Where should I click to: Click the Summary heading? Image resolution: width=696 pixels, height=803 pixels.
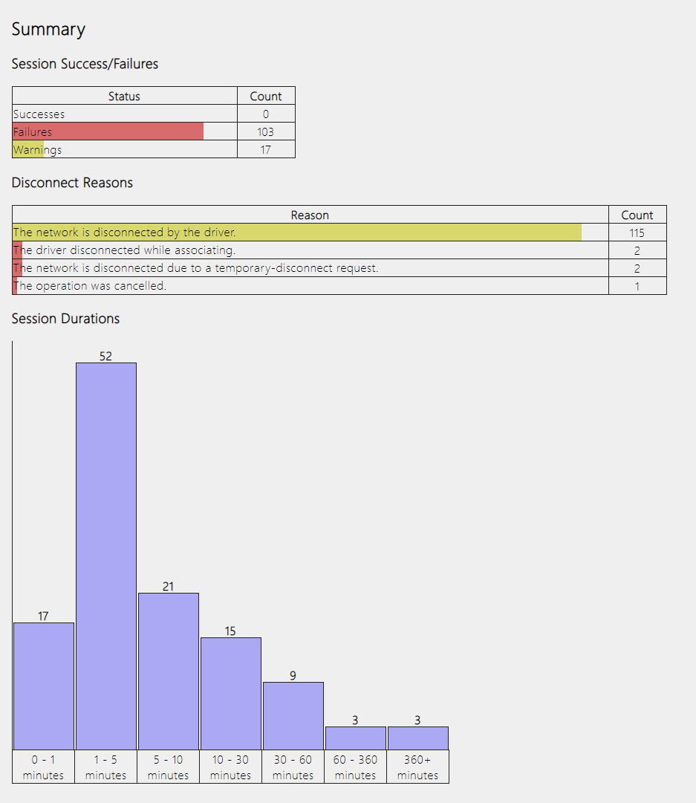tap(48, 30)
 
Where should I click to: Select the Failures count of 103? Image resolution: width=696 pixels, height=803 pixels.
tap(265, 132)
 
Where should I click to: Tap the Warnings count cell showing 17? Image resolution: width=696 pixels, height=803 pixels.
tap(265, 150)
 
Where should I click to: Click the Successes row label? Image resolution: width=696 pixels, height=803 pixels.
tap(39, 114)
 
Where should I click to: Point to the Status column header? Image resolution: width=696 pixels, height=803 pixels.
tap(124, 97)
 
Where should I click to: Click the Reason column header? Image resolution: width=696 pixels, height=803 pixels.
tap(310, 215)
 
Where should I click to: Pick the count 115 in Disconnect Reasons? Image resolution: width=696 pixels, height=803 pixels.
tap(637, 233)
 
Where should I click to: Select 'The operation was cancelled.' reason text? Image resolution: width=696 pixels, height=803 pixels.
tap(90, 286)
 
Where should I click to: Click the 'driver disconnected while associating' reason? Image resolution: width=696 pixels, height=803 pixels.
tap(124, 250)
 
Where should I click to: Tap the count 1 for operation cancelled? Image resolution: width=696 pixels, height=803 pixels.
tap(637, 286)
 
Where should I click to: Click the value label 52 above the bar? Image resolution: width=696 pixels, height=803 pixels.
tap(105, 357)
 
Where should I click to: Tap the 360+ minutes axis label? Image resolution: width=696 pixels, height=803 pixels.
tap(417, 767)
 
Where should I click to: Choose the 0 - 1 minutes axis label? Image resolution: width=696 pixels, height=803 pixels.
tap(43, 767)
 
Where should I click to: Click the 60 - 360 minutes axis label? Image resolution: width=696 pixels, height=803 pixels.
tap(355, 767)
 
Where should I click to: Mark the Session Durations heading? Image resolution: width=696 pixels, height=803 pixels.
tap(65, 319)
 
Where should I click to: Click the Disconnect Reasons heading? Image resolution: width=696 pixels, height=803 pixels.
tap(72, 183)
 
